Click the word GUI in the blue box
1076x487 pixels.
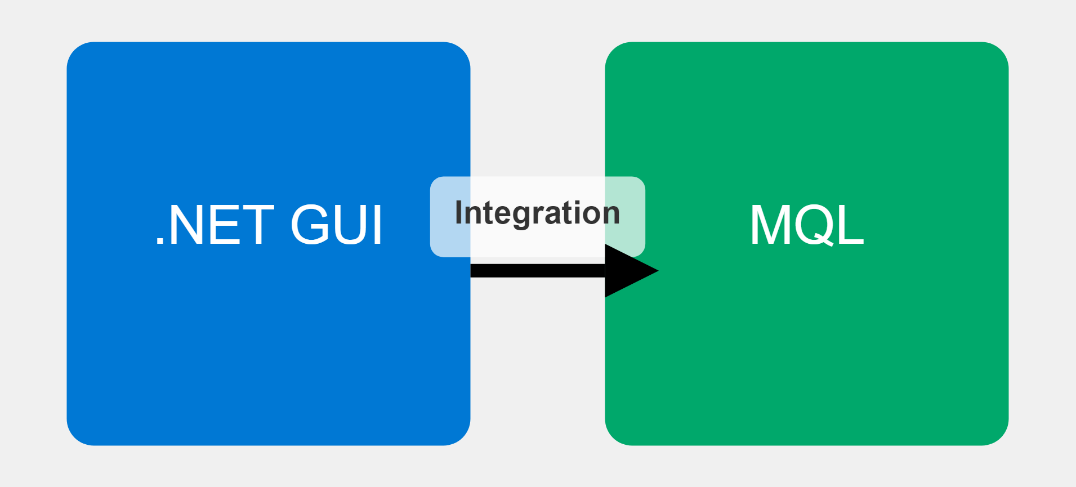[x=337, y=225]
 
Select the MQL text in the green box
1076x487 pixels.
[x=806, y=225]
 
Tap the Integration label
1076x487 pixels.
[x=537, y=213]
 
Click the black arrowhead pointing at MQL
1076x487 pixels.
[x=626, y=271]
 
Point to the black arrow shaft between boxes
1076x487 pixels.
[x=537, y=271]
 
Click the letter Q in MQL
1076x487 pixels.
[x=816, y=225]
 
